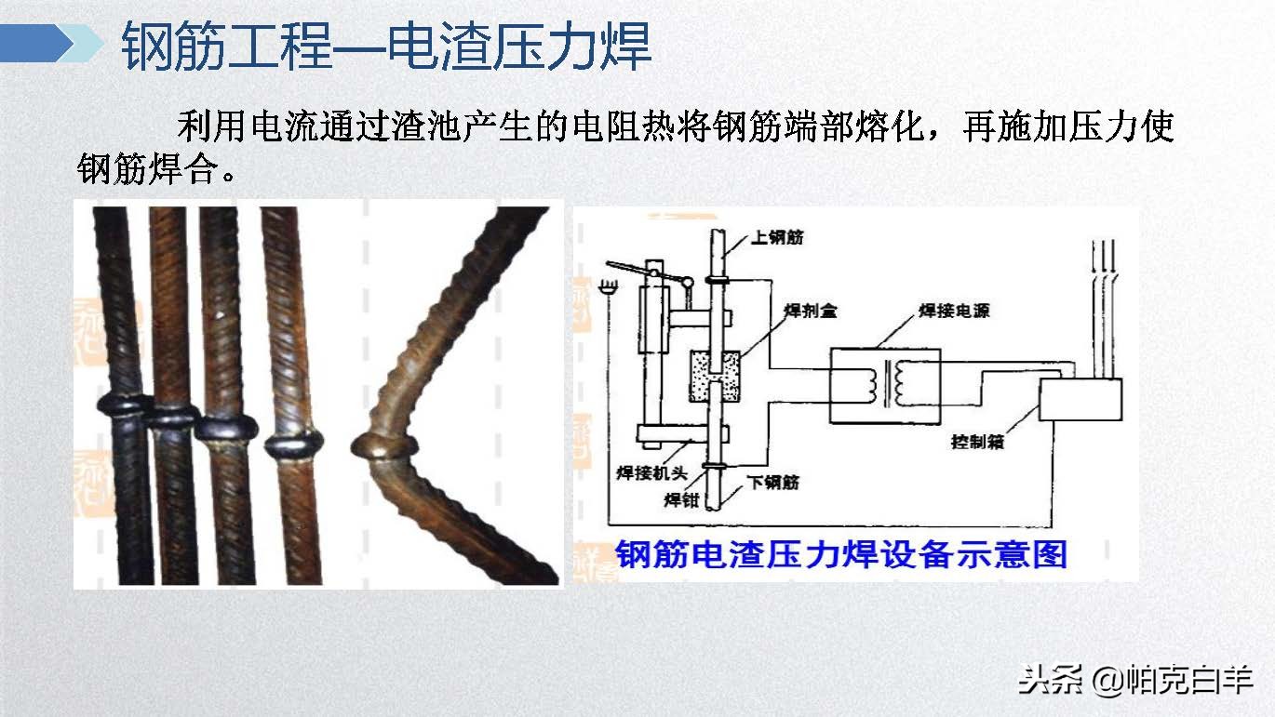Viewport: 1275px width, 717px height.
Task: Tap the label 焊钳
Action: [680, 499]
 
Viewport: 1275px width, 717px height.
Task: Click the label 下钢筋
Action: [773, 483]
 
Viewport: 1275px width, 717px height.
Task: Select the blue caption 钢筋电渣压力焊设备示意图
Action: [840, 554]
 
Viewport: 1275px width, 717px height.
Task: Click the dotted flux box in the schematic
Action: [714, 376]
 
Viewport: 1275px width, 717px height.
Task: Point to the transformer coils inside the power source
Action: [884, 383]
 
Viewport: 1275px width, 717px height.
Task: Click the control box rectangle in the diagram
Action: [1080, 400]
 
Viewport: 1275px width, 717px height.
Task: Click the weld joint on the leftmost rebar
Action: [124, 406]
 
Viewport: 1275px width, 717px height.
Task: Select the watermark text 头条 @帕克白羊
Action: [1134, 680]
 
